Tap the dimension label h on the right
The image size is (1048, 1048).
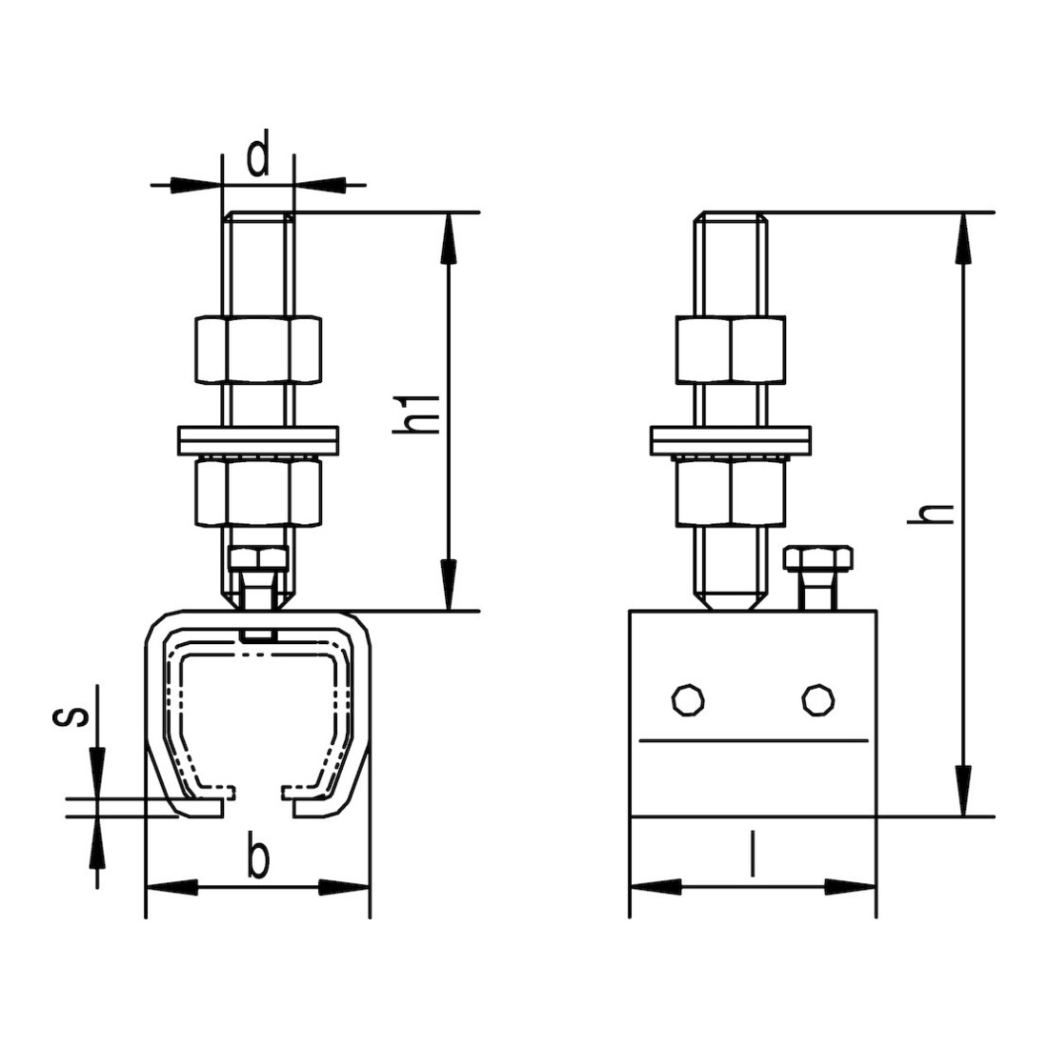pos(930,513)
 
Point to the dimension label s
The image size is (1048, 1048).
pos(70,717)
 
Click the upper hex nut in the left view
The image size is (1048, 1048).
pos(258,350)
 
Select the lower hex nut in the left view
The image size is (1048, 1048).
pos(258,491)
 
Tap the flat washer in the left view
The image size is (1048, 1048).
pos(258,441)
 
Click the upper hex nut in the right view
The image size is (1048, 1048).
pos(731,350)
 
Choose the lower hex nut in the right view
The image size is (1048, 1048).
pos(731,491)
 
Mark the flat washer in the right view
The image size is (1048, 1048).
pos(731,441)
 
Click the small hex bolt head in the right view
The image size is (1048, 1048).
pos(818,558)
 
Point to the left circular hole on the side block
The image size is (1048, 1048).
pos(689,700)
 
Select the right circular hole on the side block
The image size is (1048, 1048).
pos(817,700)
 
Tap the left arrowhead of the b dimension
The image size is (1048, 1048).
pos(172,888)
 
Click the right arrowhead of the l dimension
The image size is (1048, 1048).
pos(850,888)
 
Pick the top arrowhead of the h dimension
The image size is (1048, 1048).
pos(963,239)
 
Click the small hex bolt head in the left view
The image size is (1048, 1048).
pos(258,557)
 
